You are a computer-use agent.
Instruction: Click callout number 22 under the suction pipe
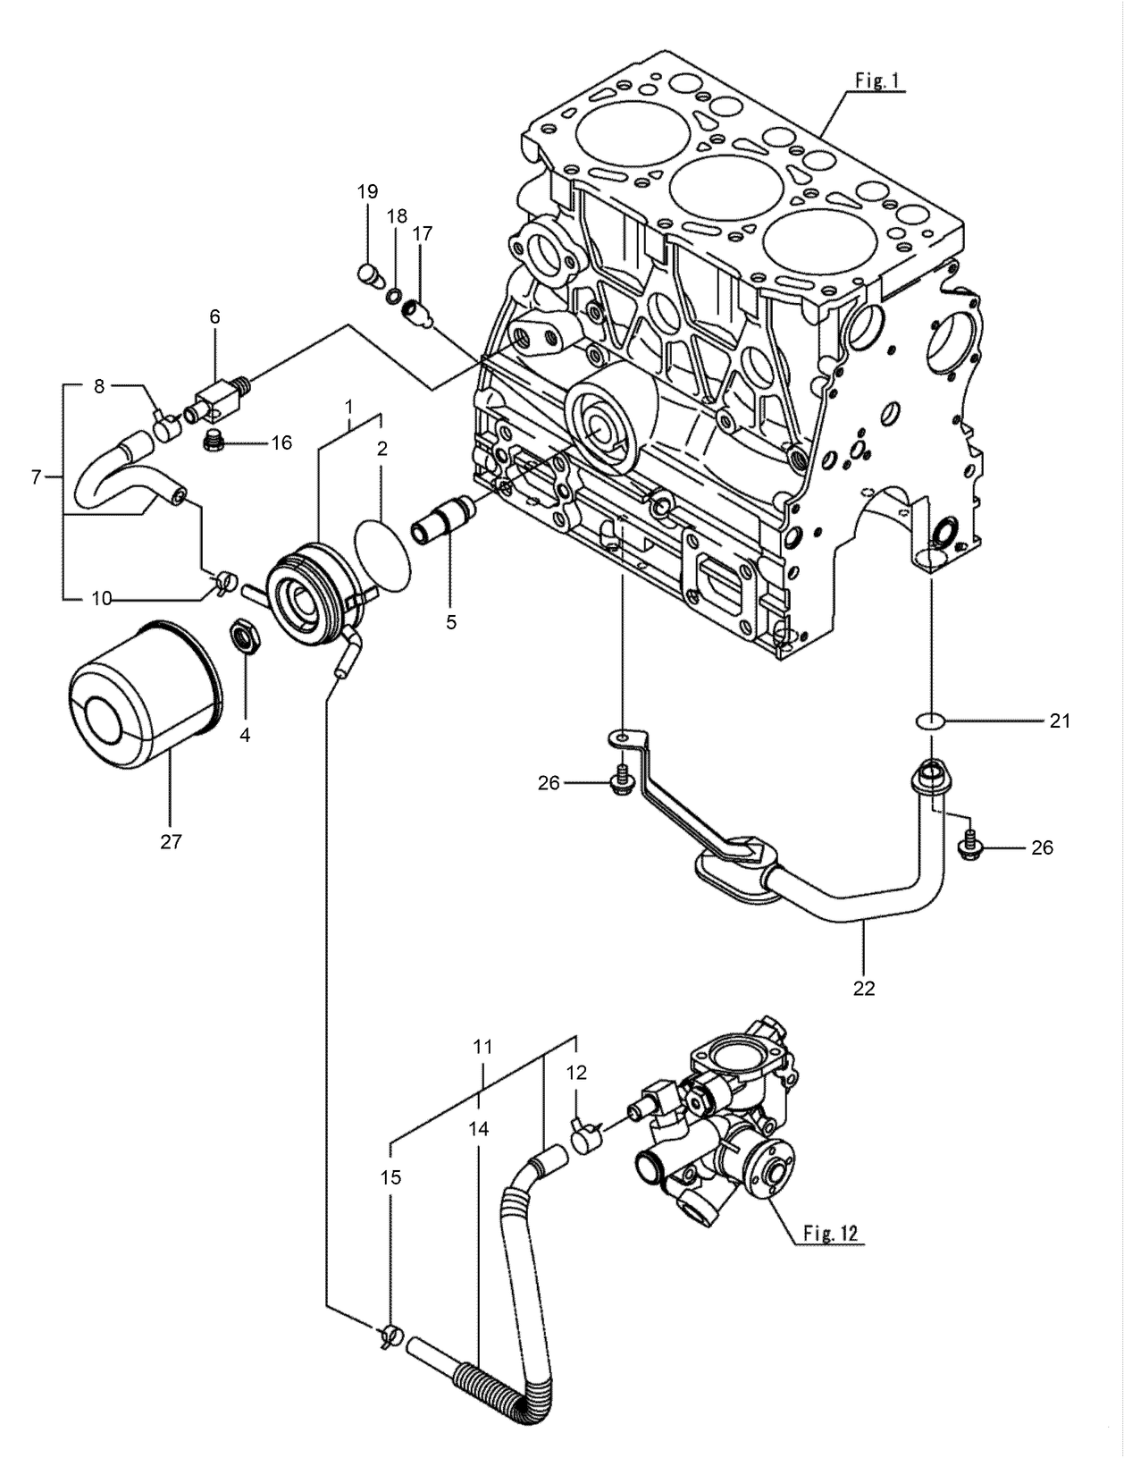point(864,989)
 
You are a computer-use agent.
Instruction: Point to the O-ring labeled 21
point(931,720)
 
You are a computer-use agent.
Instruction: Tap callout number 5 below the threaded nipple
point(451,622)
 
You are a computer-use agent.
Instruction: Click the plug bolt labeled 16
point(213,442)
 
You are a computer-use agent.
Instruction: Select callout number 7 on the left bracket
point(37,477)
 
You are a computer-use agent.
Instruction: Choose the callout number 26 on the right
point(1042,847)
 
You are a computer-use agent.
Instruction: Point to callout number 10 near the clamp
point(102,598)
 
